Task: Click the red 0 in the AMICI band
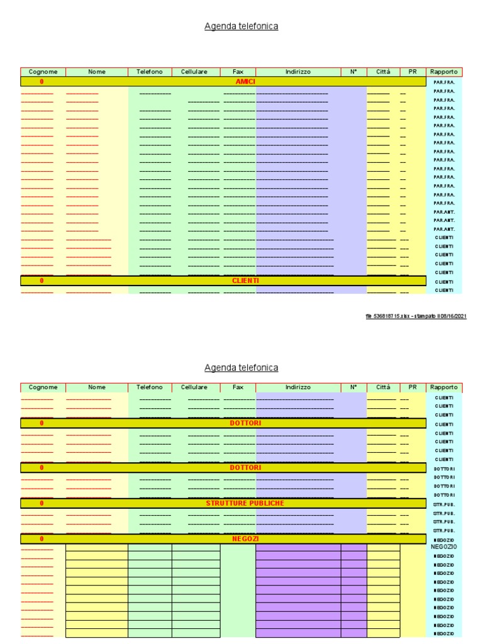point(42,82)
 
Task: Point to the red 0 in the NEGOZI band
point(42,539)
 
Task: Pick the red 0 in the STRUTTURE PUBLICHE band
point(42,503)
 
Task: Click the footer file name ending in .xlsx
point(386,316)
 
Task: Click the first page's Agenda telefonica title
point(241,26)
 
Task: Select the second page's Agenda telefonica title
point(241,367)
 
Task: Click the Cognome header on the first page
point(43,72)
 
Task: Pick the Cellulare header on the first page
point(194,72)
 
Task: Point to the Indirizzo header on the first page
point(298,72)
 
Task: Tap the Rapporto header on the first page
point(444,72)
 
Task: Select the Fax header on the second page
point(238,387)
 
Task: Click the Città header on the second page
point(383,387)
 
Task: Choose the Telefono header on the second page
point(150,387)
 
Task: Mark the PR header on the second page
point(413,387)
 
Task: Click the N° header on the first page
point(353,72)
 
